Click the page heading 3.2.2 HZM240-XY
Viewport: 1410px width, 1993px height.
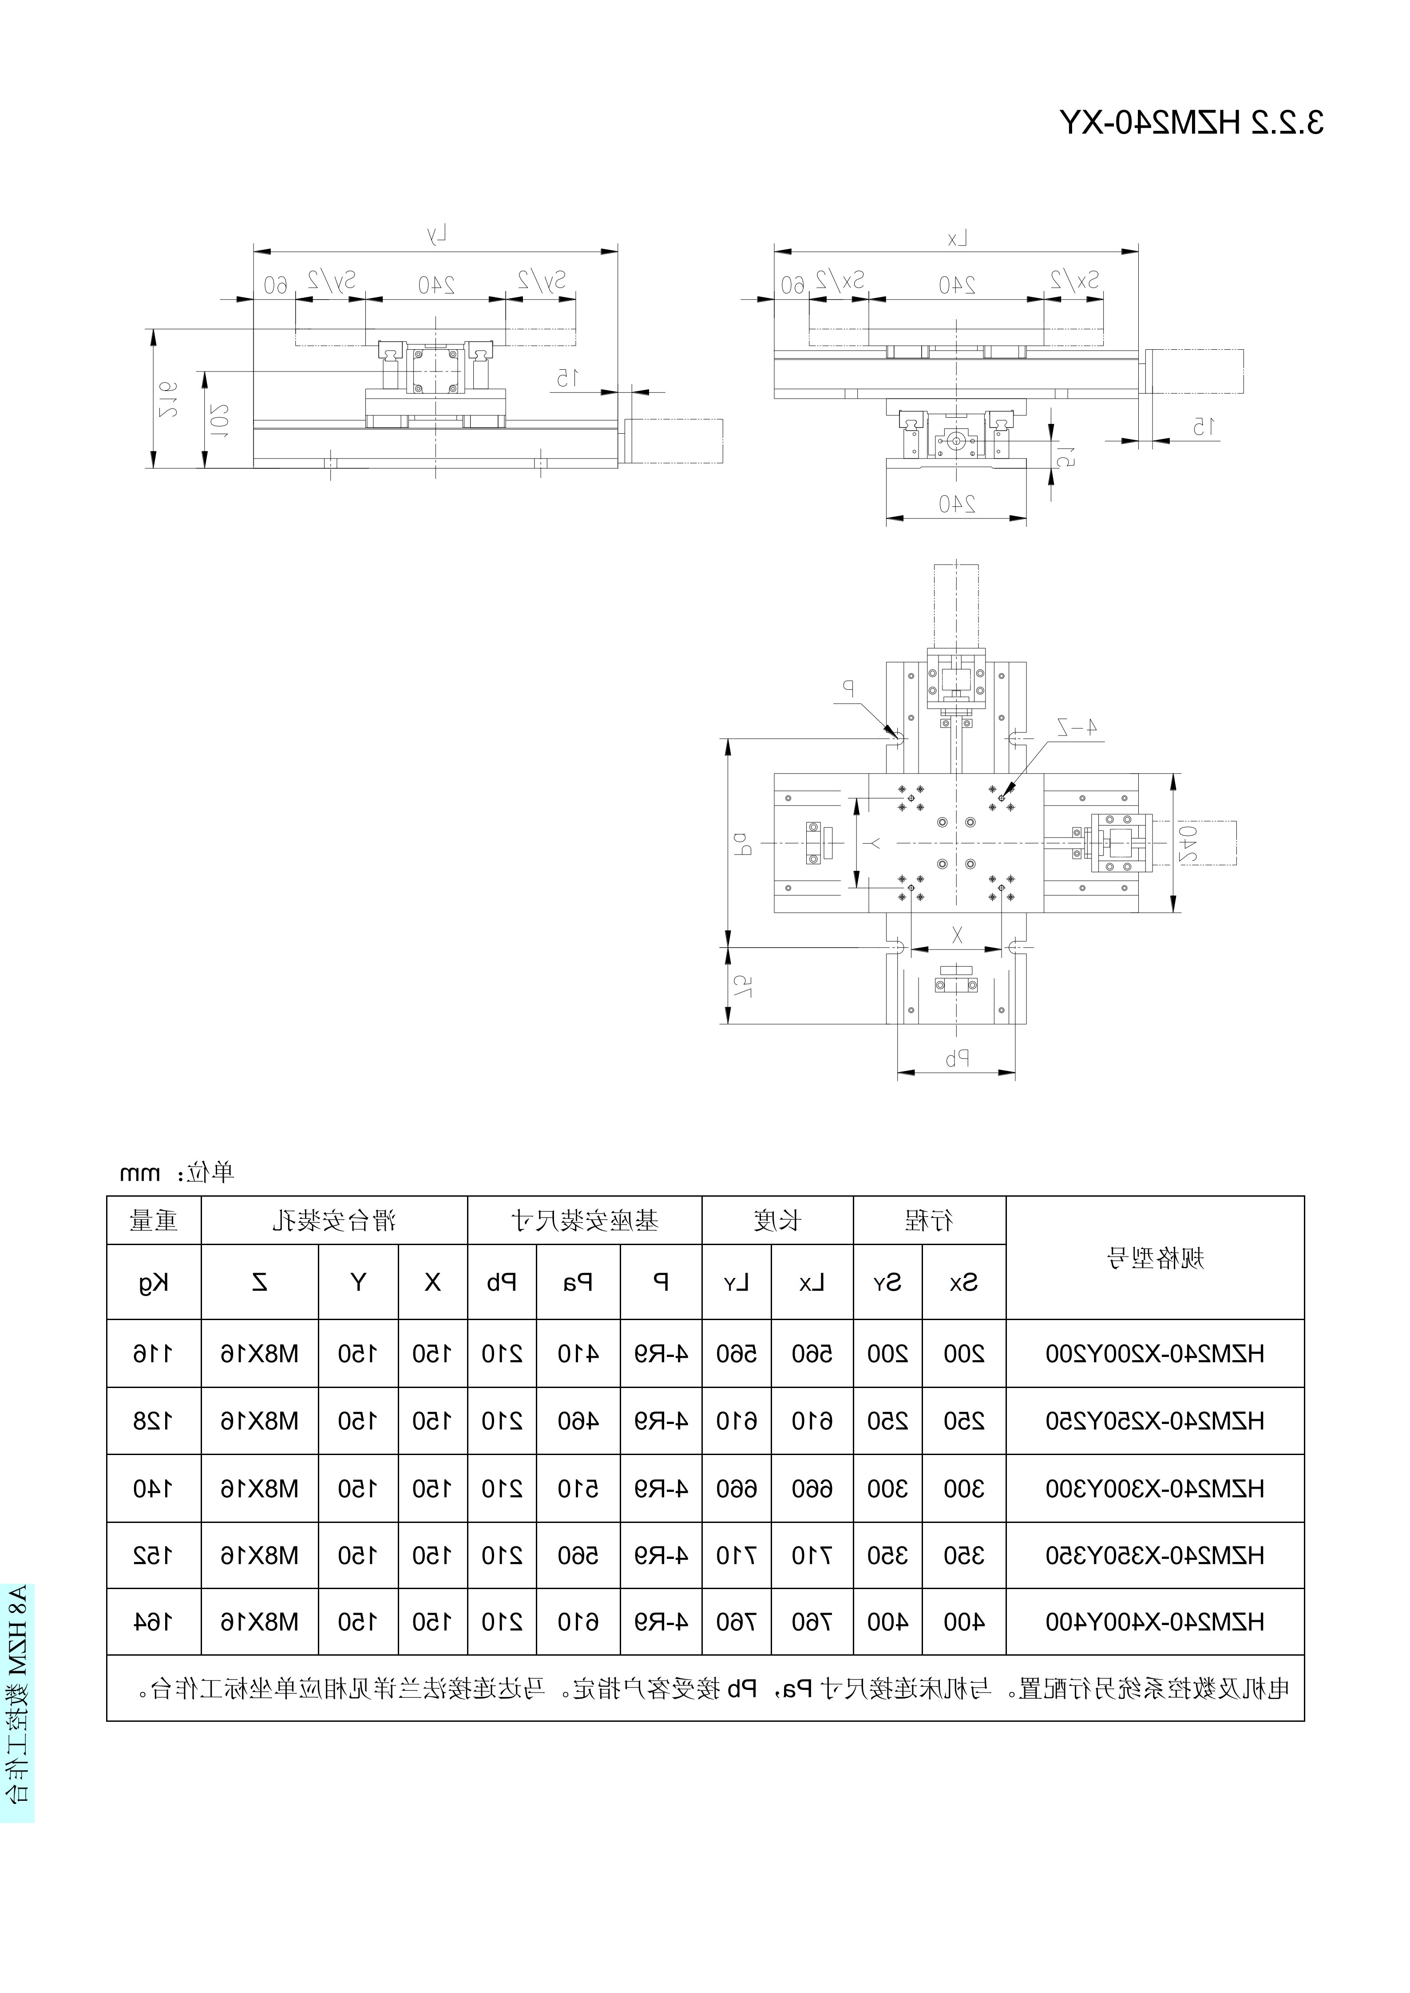1191,123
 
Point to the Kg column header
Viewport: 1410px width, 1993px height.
154,1283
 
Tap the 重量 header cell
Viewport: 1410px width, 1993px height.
154,1221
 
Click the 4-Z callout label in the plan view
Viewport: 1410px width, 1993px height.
1077,728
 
